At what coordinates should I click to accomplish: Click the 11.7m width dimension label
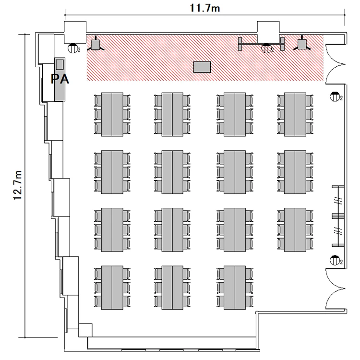click(x=205, y=8)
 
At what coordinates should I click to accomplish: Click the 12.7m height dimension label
click(x=18, y=185)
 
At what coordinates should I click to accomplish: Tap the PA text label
click(x=60, y=79)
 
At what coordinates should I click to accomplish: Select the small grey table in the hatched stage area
click(x=202, y=67)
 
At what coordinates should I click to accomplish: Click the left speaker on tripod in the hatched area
click(x=96, y=44)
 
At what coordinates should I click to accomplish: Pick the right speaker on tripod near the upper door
click(x=302, y=44)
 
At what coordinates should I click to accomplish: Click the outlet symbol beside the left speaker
click(x=73, y=48)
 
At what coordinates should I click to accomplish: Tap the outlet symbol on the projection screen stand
click(x=266, y=48)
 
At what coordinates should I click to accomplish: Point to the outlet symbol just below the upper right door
click(x=335, y=96)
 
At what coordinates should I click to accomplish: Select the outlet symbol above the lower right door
click(x=335, y=260)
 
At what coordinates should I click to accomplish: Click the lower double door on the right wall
click(x=335, y=289)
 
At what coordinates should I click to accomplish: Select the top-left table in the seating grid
click(x=112, y=114)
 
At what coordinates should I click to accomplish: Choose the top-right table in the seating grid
click(x=295, y=114)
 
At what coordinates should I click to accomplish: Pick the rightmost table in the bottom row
click(x=235, y=288)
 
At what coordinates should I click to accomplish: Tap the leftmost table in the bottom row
click(x=112, y=288)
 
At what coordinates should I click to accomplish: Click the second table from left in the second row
click(x=172, y=172)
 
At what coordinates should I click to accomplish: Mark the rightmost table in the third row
click(x=295, y=230)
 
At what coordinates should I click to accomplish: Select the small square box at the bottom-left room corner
click(x=85, y=330)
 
